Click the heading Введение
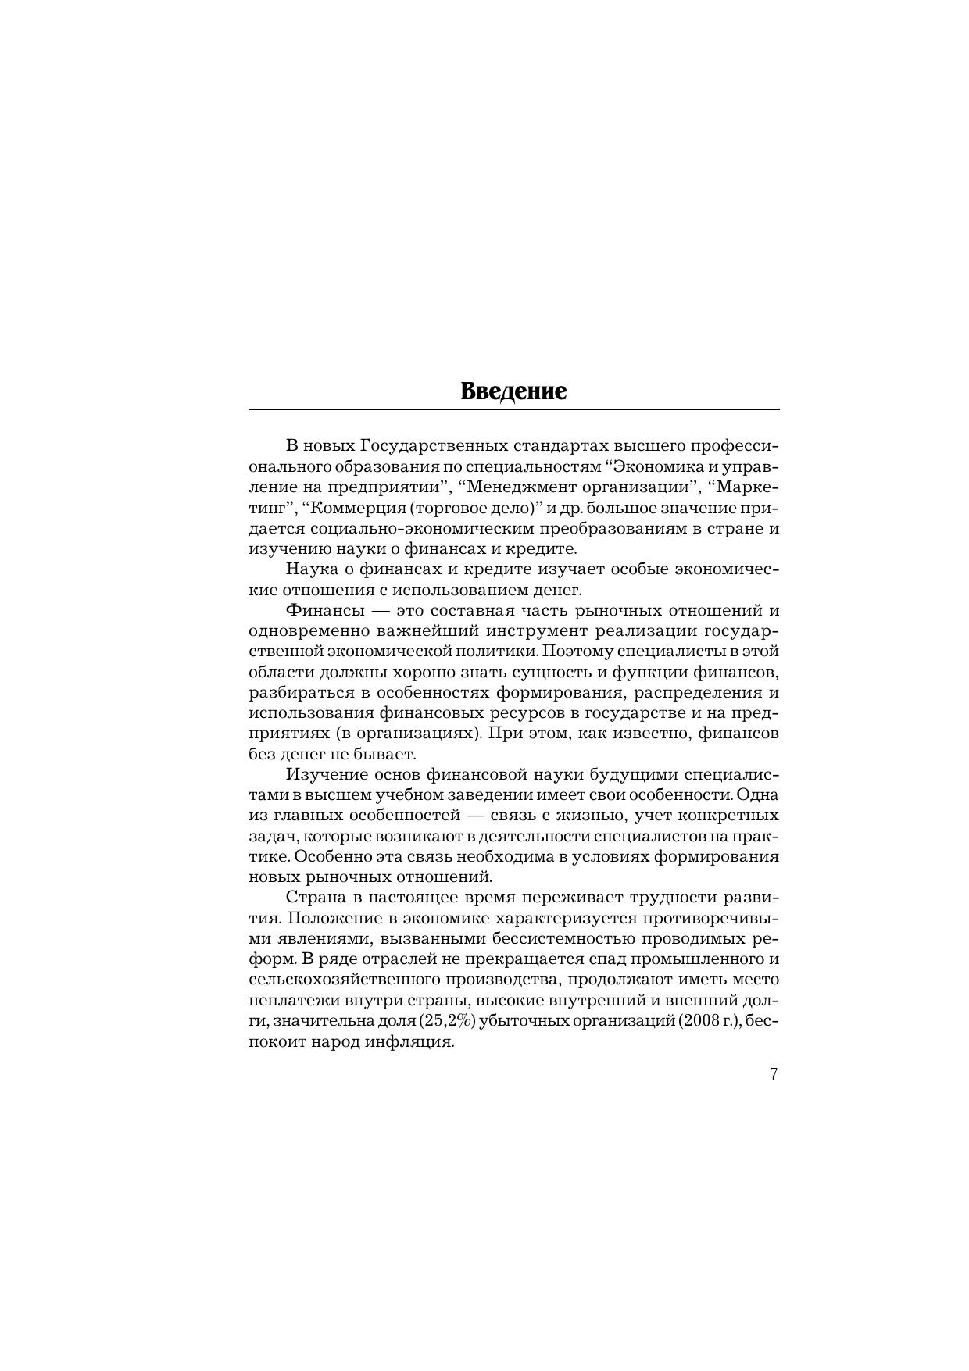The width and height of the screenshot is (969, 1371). pos(513,391)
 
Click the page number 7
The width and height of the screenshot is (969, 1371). pos(774,1074)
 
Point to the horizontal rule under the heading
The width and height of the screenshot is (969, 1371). pos(513,409)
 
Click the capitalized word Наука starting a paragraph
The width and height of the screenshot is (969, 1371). pos(311,569)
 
